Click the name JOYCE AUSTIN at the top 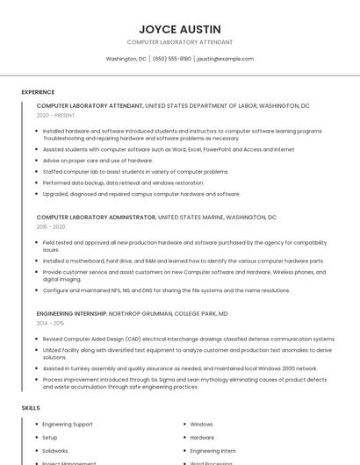point(180,29)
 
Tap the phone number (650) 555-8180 point(171,59)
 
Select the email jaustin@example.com point(225,59)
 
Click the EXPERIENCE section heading point(38,91)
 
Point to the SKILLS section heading point(31,408)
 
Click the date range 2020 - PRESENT point(56,115)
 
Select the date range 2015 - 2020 point(51,226)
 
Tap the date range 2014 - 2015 point(50,323)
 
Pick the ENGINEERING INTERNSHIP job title point(71,313)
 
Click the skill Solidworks point(55,450)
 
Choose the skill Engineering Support point(68,424)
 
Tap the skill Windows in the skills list point(201,424)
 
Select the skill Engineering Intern point(212,450)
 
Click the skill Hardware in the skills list point(202,437)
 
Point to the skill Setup point(50,437)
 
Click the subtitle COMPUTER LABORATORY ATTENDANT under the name point(180,41)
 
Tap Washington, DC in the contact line point(126,59)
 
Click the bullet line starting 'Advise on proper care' point(97,161)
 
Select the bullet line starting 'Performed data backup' point(123,182)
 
